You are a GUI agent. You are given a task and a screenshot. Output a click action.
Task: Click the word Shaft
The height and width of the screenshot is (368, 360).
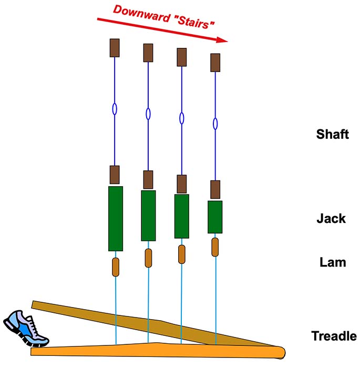pos(332,134)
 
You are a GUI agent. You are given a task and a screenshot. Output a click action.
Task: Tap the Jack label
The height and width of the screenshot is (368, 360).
pos(331,218)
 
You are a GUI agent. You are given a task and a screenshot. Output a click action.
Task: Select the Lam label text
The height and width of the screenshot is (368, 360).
pos(333,261)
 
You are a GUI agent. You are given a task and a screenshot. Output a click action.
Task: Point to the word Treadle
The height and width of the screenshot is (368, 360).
pos(334,336)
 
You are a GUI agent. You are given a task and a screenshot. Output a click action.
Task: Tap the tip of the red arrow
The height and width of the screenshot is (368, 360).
pos(227,40)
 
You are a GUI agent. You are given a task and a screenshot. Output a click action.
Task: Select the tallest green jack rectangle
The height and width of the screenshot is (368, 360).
pos(115,218)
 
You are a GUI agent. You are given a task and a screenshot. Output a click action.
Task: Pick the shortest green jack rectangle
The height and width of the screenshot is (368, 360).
pos(215,217)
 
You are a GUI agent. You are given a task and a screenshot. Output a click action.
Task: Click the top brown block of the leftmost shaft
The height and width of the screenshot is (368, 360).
pos(115,48)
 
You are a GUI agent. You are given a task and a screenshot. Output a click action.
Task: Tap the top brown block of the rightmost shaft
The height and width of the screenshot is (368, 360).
pos(215,62)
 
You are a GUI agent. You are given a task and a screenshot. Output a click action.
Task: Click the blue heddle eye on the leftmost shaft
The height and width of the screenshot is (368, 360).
pos(115,109)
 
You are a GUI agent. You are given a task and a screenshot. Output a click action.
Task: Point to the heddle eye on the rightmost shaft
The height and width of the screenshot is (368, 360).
pos(215,124)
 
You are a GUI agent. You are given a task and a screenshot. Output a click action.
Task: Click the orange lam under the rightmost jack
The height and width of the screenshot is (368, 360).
pos(215,247)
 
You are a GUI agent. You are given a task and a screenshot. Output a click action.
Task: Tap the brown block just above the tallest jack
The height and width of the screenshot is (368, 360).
pos(115,174)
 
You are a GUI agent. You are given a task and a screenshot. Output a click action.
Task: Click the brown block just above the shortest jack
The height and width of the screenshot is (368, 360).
pos(215,189)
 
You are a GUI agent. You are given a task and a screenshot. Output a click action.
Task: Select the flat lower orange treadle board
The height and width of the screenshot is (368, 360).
pos(158,350)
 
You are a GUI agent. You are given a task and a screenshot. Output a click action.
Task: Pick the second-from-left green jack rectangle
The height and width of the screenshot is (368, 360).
pos(148,216)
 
